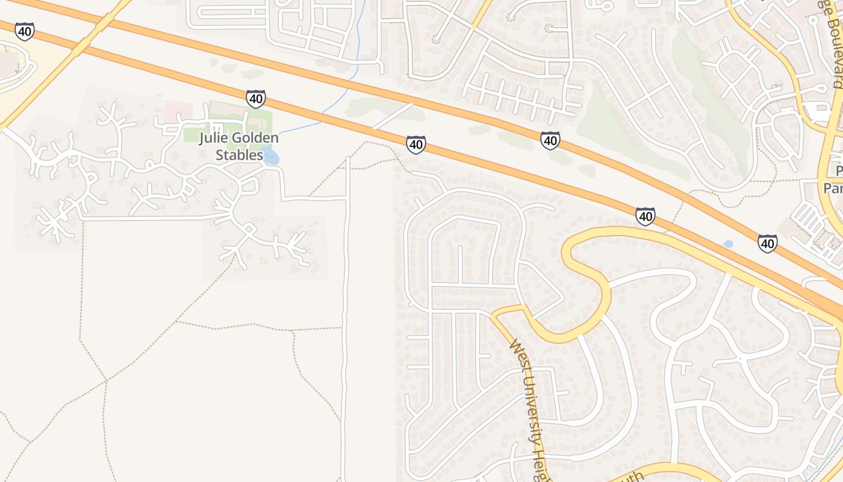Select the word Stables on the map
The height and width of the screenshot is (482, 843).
click(240, 155)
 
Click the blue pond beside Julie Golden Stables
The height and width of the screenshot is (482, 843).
click(270, 157)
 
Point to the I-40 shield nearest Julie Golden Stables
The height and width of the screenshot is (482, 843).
click(255, 99)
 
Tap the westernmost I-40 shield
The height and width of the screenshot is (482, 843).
click(25, 31)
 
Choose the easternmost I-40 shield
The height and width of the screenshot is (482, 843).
click(767, 243)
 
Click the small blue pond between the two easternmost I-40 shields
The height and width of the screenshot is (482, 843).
click(728, 244)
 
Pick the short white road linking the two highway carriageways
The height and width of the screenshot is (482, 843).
click(392, 116)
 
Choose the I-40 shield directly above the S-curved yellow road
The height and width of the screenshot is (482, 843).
click(645, 216)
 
